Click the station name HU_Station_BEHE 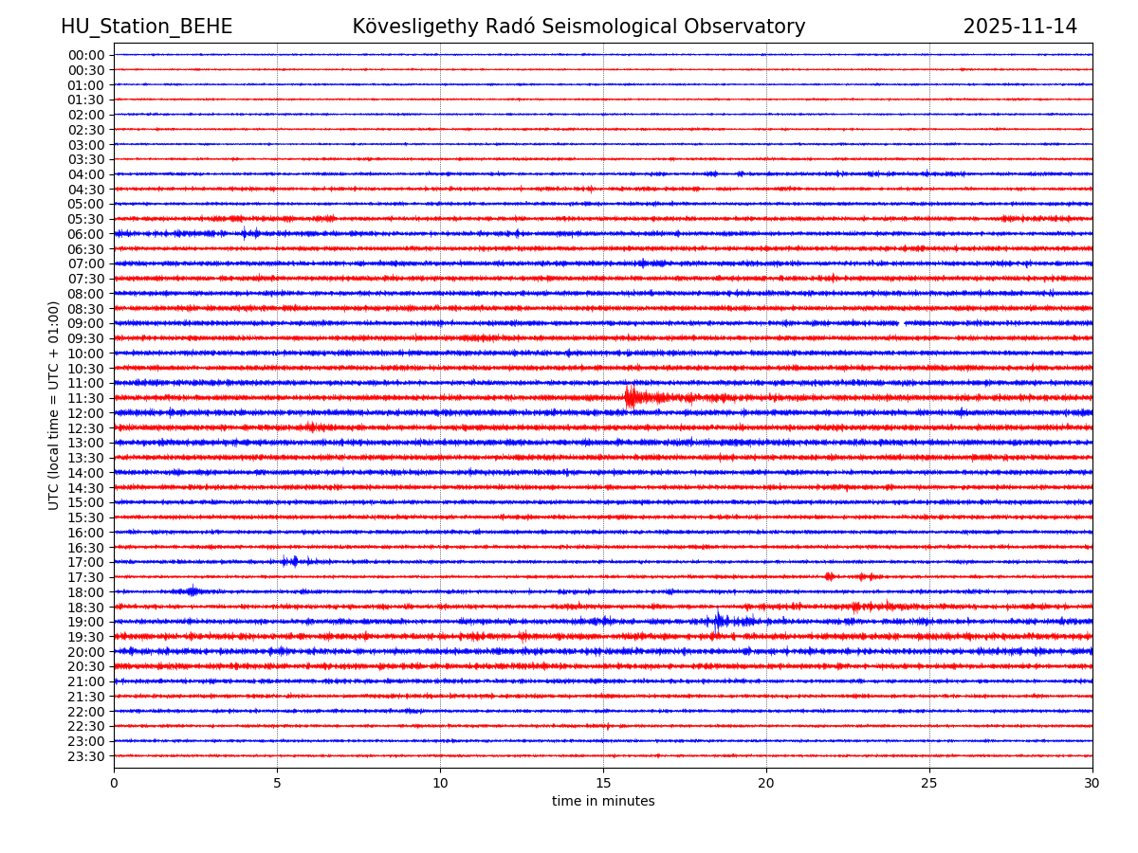pyautogui.click(x=146, y=27)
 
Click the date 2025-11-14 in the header pyautogui.click(x=1019, y=27)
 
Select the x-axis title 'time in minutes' pyautogui.click(x=603, y=802)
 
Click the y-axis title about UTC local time pyautogui.click(x=54, y=405)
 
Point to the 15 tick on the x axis pyautogui.click(x=603, y=784)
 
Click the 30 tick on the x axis pyautogui.click(x=1092, y=784)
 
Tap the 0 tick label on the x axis pyautogui.click(x=114, y=784)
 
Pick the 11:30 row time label pyautogui.click(x=85, y=398)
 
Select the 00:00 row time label pyautogui.click(x=85, y=55)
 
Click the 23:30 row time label pyautogui.click(x=85, y=756)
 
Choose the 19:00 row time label pyautogui.click(x=85, y=622)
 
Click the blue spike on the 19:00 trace pyautogui.click(x=718, y=621)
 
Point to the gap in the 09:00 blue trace pyautogui.click(x=902, y=323)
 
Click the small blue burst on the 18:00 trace pyautogui.click(x=193, y=591)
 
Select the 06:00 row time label pyautogui.click(x=85, y=234)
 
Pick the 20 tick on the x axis pyautogui.click(x=766, y=784)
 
